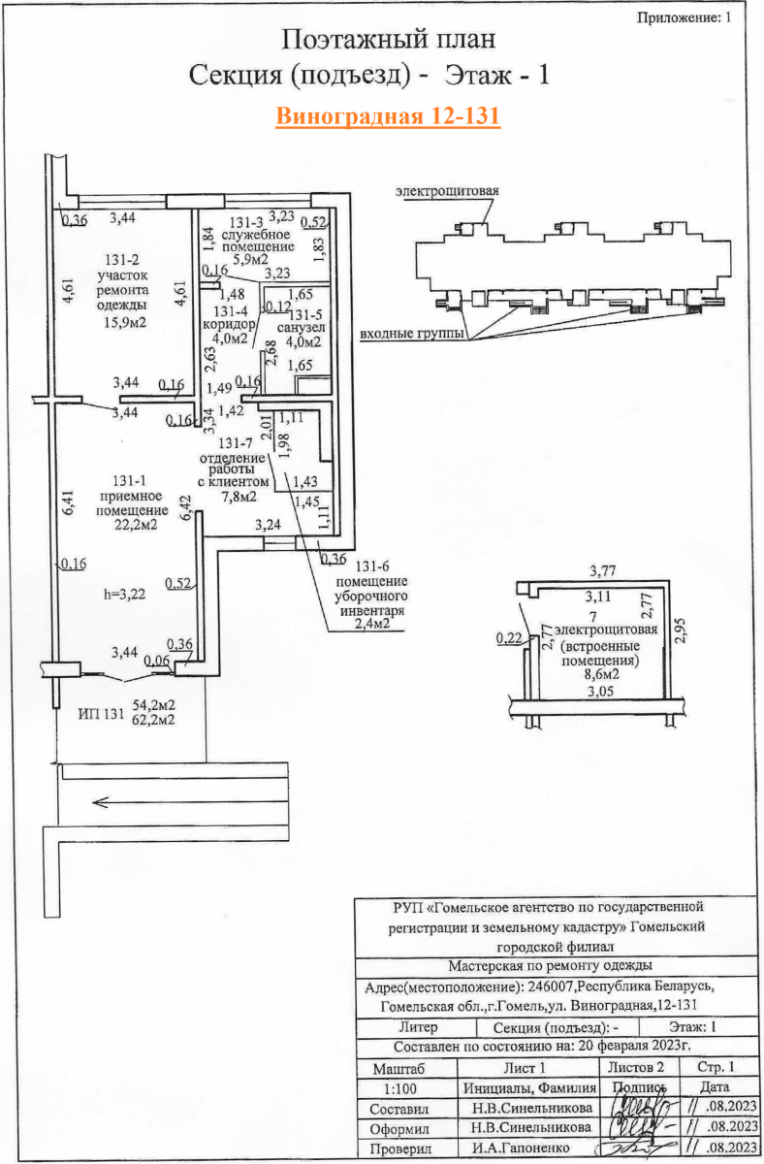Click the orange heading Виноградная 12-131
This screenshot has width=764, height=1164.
(x=387, y=116)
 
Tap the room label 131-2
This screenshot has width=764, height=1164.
(x=121, y=260)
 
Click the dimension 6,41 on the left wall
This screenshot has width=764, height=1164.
(x=66, y=504)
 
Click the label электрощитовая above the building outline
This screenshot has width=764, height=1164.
(x=447, y=191)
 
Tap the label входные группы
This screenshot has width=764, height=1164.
(x=408, y=336)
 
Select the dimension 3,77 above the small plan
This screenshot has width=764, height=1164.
(x=605, y=571)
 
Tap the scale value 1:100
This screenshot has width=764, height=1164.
(x=404, y=1088)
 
